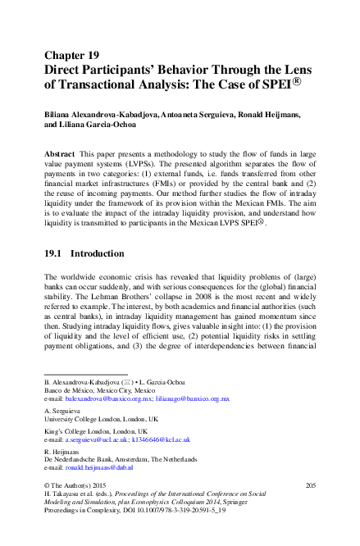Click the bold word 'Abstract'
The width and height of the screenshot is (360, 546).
62,154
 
